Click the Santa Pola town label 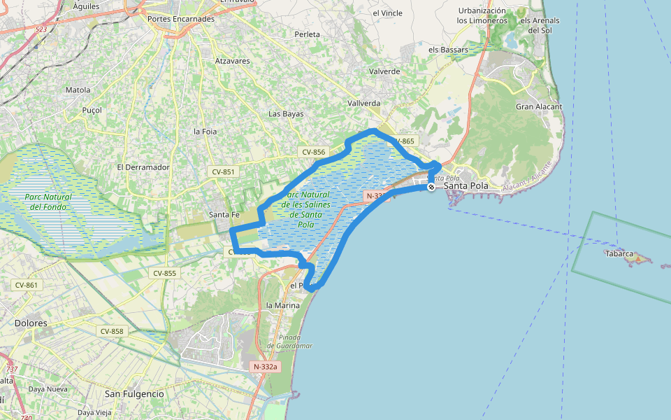[x=466, y=186]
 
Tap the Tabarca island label [x=619, y=253]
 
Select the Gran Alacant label [x=539, y=106]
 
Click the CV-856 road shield [x=314, y=152]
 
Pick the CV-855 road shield [x=164, y=273]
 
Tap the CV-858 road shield [x=112, y=331]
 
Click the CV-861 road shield [x=26, y=285]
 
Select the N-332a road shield [x=265, y=366]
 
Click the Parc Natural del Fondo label [x=48, y=202]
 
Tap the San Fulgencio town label [x=134, y=394]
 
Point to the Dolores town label [x=31, y=323]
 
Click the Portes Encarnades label [x=181, y=19]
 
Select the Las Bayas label [x=286, y=113]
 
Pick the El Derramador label [x=143, y=167]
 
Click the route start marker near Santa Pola [x=432, y=187]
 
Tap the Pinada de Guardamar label [x=289, y=342]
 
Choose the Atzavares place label [x=233, y=61]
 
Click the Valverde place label [x=384, y=71]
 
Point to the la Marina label [x=283, y=305]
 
